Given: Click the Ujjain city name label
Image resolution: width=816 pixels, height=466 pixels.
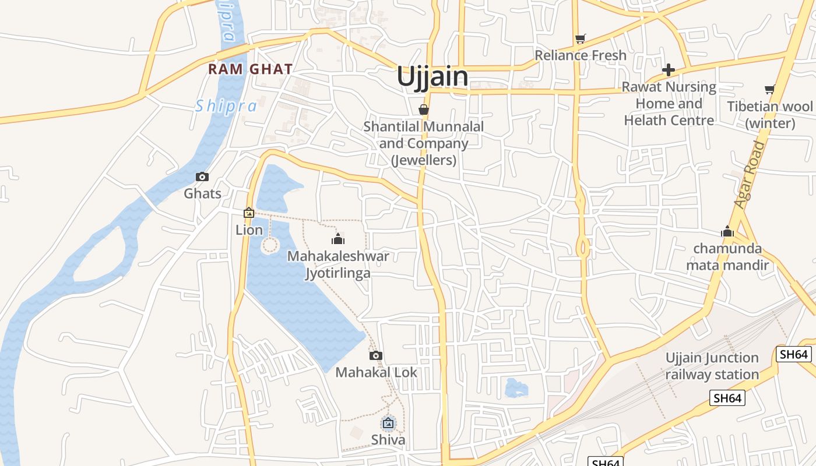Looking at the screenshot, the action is pyautogui.click(x=432, y=77).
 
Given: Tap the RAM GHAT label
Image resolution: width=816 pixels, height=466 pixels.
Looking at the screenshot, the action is pyautogui.click(x=250, y=69).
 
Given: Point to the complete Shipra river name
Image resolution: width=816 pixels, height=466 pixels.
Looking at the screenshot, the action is pyautogui.click(x=226, y=106).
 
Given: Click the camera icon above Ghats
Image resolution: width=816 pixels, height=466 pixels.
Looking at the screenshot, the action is pyautogui.click(x=202, y=176).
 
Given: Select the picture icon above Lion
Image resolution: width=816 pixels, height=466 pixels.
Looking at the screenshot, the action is pyautogui.click(x=249, y=213).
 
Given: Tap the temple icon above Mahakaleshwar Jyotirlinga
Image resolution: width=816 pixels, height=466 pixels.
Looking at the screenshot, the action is pyautogui.click(x=337, y=239).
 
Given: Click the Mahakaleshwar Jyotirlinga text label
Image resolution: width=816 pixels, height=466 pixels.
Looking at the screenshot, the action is pyautogui.click(x=338, y=264).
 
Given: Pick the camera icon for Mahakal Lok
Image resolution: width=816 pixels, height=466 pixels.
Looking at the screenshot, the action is pyautogui.click(x=376, y=355).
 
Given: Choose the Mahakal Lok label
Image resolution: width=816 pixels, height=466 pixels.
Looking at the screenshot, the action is pyautogui.click(x=376, y=372).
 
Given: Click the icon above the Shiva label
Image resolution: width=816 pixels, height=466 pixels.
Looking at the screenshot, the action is pyautogui.click(x=388, y=423).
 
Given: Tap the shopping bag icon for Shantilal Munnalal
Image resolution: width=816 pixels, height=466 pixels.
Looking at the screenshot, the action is pyautogui.click(x=424, y=110).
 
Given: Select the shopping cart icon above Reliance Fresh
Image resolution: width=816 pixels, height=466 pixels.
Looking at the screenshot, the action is pyautogui.click(x=580, y=39).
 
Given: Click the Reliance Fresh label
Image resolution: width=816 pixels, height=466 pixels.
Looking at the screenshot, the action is pyautogui.click(x=581, y=55).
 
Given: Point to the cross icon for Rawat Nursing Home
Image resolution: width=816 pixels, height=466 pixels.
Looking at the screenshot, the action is pyautogui.click(x=669, y=70).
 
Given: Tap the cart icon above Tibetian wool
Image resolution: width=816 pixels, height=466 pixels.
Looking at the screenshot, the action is pyautogui.click(x=769, y=90).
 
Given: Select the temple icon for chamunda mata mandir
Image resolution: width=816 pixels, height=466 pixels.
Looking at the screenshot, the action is pyautogui.click(x=727, y=232).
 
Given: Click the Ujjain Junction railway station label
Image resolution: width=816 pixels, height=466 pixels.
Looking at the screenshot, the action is pyautogui.click(x=712, y=366).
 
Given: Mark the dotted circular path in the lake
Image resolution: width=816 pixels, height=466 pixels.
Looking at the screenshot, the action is pyautogui.click(x=269, y=245).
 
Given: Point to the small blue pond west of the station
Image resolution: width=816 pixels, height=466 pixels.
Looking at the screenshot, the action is pyautogui.click(x=515, y=388).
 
